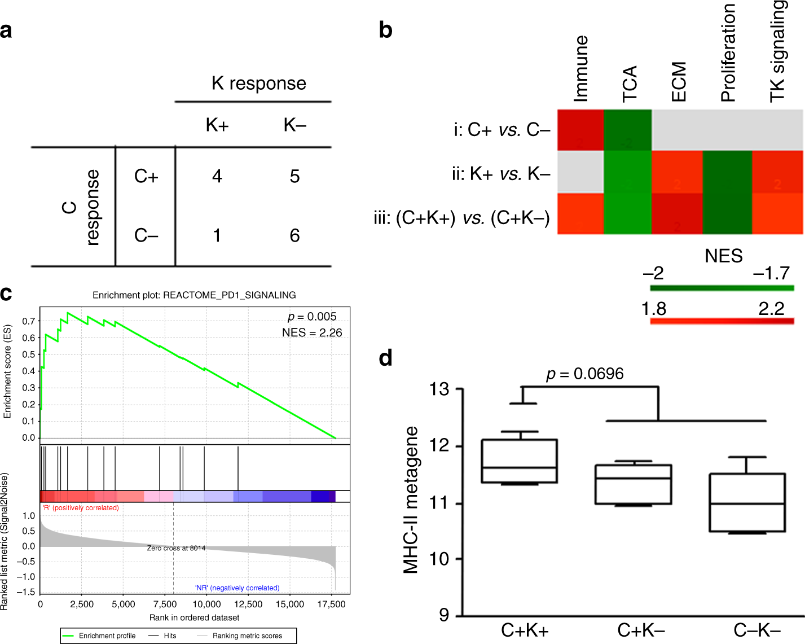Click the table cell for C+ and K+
click(217, 177)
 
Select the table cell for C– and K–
click(294, 235)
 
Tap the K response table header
click(258, 84)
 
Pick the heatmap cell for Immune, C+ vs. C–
click(580, 130)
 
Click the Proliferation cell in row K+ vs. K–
click(727, 172)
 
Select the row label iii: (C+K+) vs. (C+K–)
click(461, 218)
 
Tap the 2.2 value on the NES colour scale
click(771, 309)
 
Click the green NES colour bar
click(722, 288)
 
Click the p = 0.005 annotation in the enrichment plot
click(312, 317)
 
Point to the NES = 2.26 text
click(312, 333)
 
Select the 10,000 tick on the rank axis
click(207, 604)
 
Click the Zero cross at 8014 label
click(176, 548)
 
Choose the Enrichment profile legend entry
click(99, 636)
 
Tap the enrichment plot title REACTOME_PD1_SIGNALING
click(194, 295)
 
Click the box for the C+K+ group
click(519, 461)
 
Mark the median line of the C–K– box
click(747, 504)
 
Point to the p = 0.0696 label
click(584, 374)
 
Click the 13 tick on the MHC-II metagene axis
click(439, 389)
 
